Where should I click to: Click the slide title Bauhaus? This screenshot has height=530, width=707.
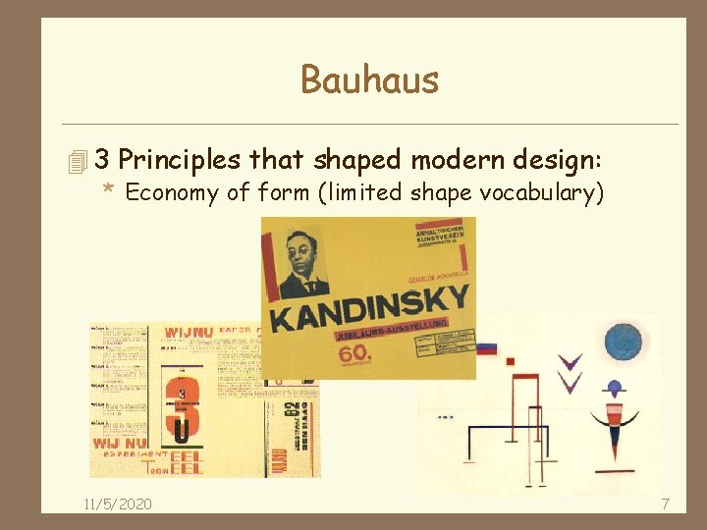tap(369, 79)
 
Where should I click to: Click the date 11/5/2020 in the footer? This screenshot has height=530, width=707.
tap(117, 503)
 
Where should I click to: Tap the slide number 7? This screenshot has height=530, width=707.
tap(665, 503)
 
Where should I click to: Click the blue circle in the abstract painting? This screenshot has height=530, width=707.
tap(623, 343)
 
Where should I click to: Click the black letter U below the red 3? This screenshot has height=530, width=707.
tap(181, 429)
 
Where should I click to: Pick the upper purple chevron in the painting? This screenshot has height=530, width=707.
tap(571, 361)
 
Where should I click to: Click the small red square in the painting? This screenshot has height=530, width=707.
tap(510, 361)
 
